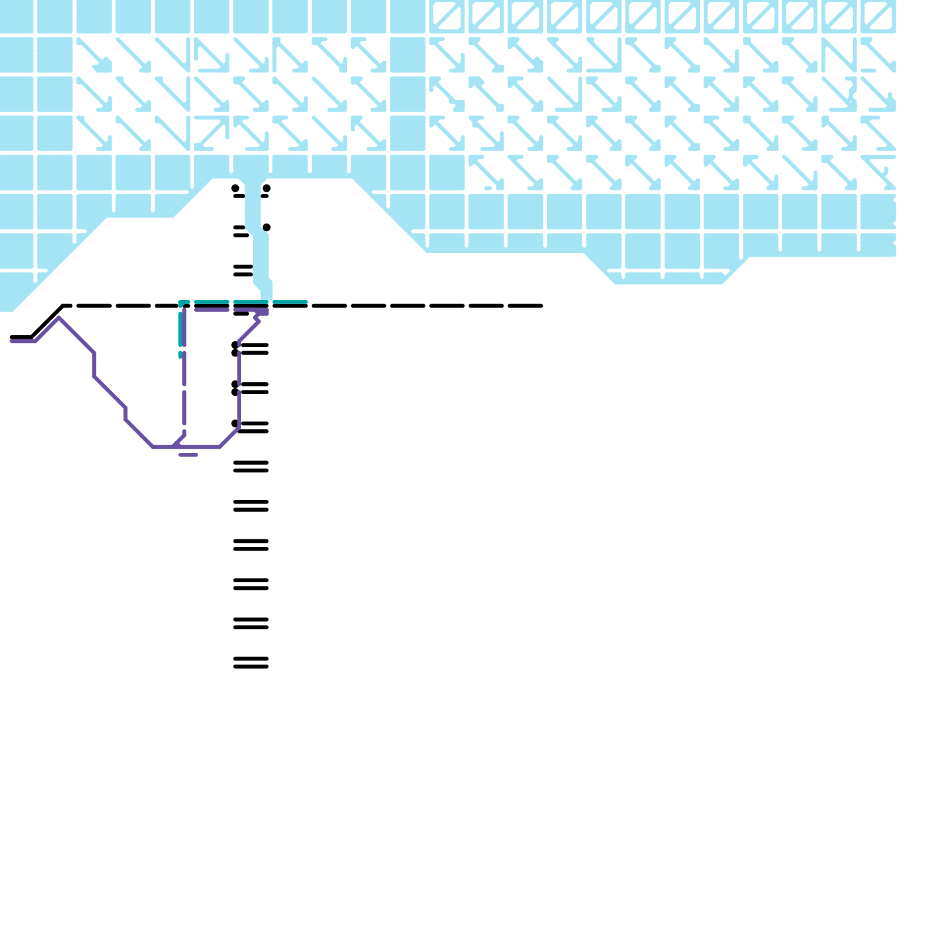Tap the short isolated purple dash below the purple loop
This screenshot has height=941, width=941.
[188, 455]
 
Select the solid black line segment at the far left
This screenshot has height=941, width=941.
[21, 337]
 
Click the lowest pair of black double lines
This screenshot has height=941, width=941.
[251, 663]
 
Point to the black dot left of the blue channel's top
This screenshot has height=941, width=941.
[235, 188]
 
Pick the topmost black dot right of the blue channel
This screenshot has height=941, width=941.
[266, 188]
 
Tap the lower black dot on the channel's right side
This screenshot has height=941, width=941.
[266, 227]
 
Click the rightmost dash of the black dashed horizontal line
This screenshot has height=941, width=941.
[525, 306]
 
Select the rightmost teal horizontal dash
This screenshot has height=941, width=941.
[290, 302]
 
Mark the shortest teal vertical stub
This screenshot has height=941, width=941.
[181, 355]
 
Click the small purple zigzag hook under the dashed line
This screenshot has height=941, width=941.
[258, 318]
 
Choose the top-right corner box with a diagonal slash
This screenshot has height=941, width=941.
[878, 16]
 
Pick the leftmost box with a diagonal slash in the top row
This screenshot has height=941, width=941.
[447, 16]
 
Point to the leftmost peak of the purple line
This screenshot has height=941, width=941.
[59, 318]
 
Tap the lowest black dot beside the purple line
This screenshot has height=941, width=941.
[235, 423]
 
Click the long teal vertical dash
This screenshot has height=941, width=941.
[181, 329]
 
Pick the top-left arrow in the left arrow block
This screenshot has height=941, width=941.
[94, 55]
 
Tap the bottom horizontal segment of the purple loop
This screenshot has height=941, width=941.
[194, 447]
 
